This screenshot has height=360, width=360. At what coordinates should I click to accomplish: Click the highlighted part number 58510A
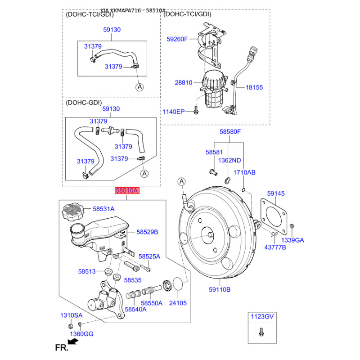[127, 190]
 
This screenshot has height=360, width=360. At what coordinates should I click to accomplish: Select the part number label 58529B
[147, 232]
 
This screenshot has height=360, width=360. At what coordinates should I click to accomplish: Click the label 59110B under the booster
[220, 289]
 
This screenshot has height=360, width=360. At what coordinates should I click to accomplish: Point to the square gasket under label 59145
[274, 217]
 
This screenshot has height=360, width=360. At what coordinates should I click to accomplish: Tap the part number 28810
[183, 83]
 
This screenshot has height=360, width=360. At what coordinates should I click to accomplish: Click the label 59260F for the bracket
[177, 39]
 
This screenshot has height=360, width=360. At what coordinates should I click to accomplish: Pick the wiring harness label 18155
[254, 87]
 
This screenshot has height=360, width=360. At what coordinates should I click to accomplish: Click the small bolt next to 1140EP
[196, 109]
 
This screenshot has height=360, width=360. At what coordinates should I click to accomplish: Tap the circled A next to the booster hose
[182, 182]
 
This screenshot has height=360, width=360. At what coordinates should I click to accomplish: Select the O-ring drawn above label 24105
[178, 284]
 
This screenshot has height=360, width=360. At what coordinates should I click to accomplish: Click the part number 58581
[214, 152]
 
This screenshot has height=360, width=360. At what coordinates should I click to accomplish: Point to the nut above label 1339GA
[292, 226]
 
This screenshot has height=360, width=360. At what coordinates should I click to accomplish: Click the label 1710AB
[244, 172]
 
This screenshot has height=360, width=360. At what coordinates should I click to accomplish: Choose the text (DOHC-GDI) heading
[84, 103]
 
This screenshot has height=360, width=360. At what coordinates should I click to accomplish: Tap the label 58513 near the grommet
[87, 272]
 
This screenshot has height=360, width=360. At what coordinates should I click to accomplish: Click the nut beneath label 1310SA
[71, 326]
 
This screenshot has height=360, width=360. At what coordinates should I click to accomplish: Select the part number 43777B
[275, 247]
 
